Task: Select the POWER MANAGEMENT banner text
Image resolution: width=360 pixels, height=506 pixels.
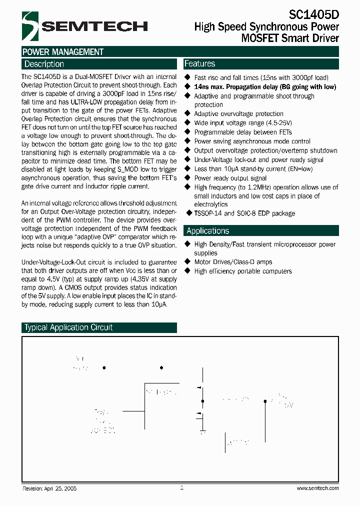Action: point(63,52)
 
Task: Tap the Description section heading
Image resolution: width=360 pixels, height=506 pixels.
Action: point(44,64)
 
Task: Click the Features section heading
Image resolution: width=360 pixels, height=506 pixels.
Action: point(199,63)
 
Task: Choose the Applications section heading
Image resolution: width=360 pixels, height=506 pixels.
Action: point(207,230)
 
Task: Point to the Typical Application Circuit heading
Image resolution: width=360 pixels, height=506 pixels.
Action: point(68,327)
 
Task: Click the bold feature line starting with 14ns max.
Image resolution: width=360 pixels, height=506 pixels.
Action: point(265,87)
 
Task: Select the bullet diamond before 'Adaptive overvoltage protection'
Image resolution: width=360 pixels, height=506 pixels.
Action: point(187,114)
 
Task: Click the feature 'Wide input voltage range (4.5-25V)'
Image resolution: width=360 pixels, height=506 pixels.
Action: point(243,123)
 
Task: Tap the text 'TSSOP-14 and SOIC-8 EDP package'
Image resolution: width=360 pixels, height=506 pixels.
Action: point(244,213)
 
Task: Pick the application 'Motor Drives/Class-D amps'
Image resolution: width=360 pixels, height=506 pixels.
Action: point(233,262)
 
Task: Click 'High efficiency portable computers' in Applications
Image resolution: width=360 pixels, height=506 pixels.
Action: point(243,271)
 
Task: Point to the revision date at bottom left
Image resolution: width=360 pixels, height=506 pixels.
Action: point(49,488)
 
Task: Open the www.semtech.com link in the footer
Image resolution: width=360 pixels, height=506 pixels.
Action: point(317,488)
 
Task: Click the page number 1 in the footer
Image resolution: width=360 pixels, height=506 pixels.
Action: point(181,487)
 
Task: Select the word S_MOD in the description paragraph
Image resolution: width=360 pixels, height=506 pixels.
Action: point(112,169)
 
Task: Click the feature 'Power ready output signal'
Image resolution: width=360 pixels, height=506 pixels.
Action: point(230,178)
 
